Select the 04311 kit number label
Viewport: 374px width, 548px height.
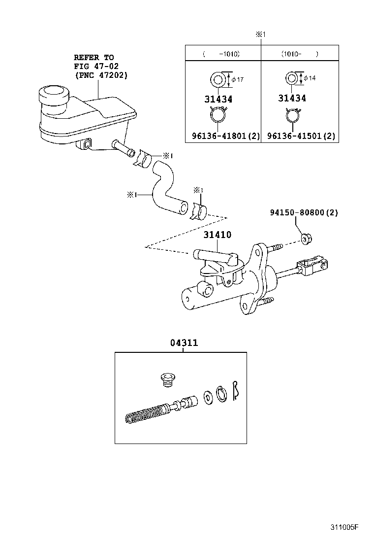pos(184,343)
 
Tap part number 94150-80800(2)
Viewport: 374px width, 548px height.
pos(304,213)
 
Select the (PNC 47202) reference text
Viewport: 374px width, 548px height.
pos(101,75)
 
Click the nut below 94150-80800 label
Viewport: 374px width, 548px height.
pos(306,240)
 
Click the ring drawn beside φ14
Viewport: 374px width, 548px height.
pos(292,78)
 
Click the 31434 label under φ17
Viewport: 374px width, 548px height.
pos(218,99)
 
